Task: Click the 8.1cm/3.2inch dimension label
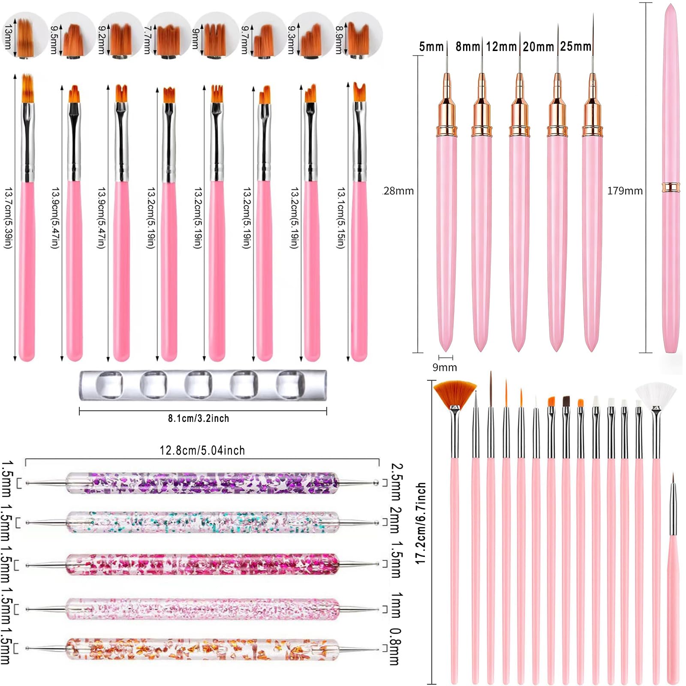pos(199,418)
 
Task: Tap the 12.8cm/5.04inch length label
pos(202,450)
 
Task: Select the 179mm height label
pos(625,191)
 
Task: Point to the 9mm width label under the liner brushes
pos(445,367)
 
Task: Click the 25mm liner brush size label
pos(576,46)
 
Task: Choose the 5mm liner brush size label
pos(431,46)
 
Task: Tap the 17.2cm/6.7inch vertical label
pos(421,523)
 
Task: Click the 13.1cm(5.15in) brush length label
pos(341,218)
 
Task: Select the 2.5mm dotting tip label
pos(397,481)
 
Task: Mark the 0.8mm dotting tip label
pos(395,647)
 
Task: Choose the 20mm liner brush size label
pos(539,46)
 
